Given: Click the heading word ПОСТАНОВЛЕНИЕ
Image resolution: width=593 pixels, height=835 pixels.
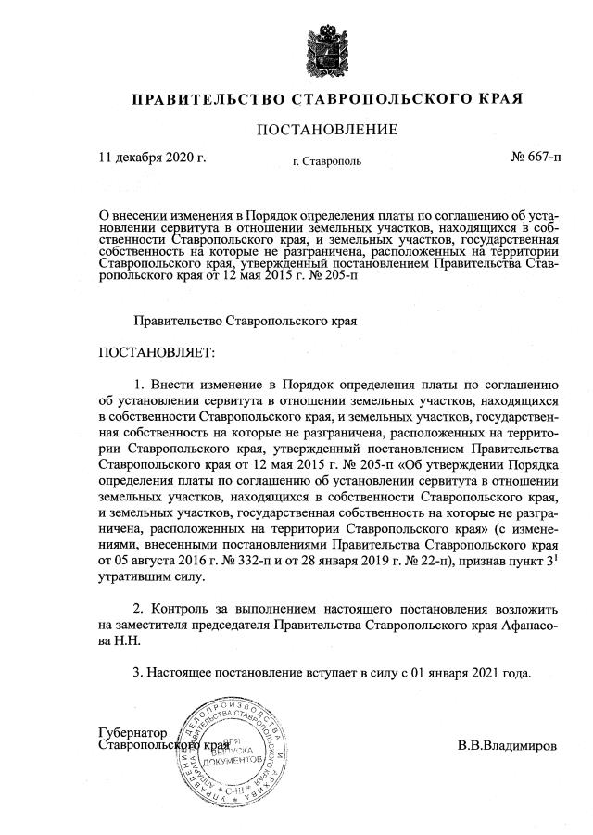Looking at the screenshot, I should click(x=327, y=129).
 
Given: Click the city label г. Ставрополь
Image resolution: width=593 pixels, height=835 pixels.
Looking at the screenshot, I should click(x=327, y=161).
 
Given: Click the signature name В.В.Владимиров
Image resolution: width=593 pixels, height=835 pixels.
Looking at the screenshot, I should click(x=508, y=745).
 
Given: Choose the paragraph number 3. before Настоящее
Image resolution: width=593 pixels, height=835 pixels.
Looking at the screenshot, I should click(x=141, y=672).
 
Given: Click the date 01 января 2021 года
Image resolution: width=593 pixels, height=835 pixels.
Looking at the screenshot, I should click(x=478, y=672).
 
